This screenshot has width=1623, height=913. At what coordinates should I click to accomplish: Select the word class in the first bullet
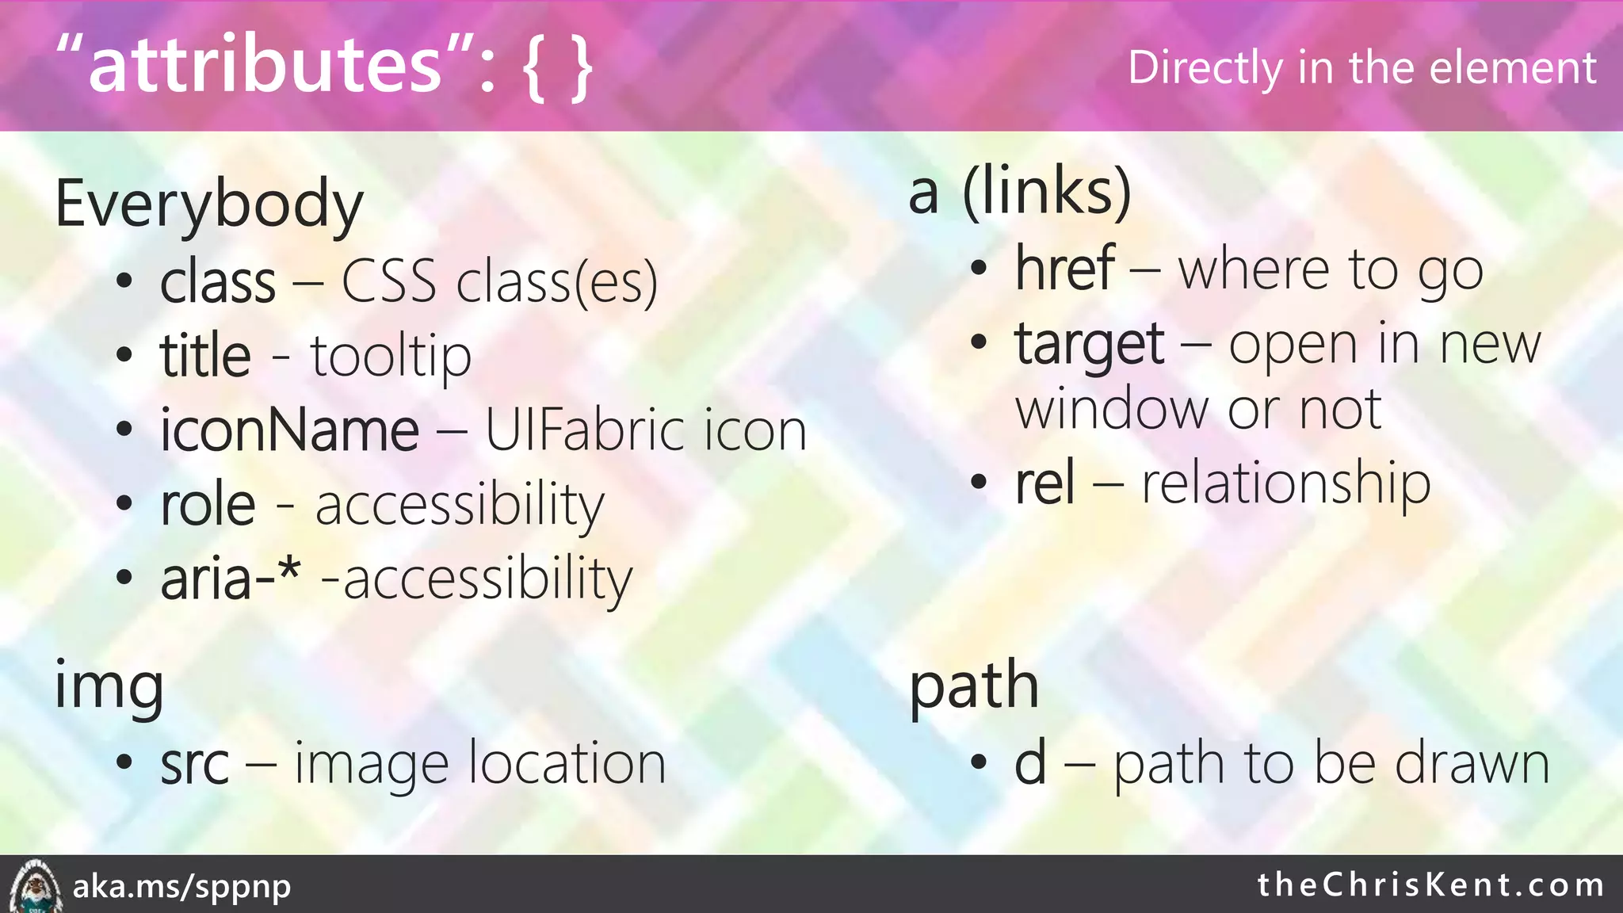tap(218, 282)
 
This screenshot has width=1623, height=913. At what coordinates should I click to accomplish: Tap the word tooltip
tap(391, 357)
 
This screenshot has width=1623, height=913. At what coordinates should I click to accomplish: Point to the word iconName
tap(289, 430)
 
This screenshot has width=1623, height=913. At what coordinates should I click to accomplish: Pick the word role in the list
tap(208, 505)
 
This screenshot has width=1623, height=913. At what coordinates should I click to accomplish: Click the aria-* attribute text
tap(231, 579)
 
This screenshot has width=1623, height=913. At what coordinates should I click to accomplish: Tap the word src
tap(195, 764)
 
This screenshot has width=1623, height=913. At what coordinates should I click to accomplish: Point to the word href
tap(1065, 269)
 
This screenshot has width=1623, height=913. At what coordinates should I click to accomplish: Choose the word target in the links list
tap(1090, 345)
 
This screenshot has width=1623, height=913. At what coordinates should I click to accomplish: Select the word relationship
tap(1285, 483)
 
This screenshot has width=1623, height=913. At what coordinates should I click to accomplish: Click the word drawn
tap(1472, 764)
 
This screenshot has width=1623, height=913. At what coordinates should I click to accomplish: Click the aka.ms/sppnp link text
tap(182, 886)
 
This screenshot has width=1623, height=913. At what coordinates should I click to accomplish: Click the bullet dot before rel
tap(980, 481)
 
